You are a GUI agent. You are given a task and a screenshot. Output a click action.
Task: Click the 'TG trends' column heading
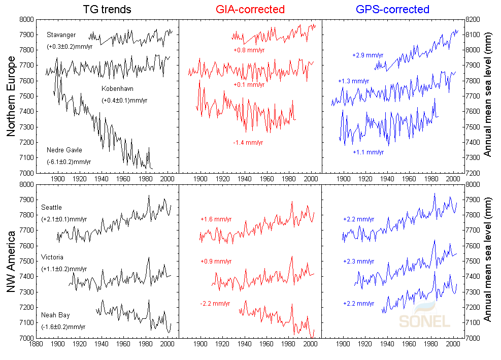click(108, 9)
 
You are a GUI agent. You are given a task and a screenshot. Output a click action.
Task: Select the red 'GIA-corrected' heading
click(250, 9)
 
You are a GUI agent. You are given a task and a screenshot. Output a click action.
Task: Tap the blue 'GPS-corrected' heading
click(393, 9)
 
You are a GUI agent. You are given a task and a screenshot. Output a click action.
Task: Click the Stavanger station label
click(61, 35)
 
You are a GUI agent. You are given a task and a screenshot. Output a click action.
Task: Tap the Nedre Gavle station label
click(64, 150)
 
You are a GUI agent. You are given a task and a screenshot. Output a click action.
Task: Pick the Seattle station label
click(51, 207)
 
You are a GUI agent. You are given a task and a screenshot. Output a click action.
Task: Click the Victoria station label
click(52, 257)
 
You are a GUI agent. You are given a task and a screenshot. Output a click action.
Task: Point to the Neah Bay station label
click(55, 315)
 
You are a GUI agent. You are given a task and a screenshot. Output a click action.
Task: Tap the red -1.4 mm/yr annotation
click(248, 143)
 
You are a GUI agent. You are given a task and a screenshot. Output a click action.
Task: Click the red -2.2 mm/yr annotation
click(215, 304)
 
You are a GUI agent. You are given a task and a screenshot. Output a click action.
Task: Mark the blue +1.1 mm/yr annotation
click(368, 152)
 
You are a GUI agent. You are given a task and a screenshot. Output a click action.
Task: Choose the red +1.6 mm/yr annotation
click(215, 219)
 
